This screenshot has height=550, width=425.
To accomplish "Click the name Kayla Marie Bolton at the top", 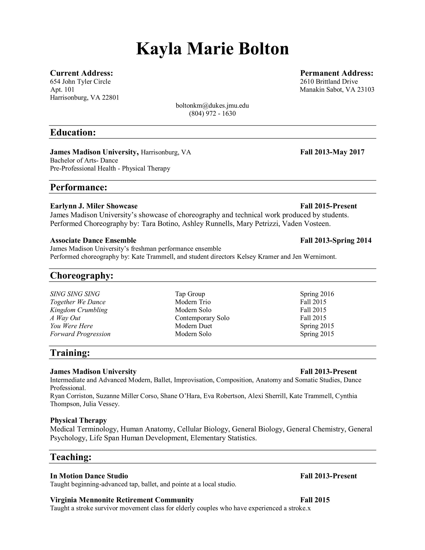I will [x=212, y=49].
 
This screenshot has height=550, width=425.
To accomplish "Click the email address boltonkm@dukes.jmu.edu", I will [x=212, y=105].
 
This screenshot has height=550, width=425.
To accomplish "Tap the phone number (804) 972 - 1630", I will [x=212, y=114].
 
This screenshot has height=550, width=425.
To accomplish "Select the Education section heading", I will [x=73, y=132].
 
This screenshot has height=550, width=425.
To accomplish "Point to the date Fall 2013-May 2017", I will [x=332, y=152].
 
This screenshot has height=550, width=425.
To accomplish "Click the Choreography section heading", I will [x=82, y=275].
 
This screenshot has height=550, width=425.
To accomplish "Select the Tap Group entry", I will [x=190, y=294].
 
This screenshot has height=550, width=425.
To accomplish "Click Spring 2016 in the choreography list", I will [x=317, y=294].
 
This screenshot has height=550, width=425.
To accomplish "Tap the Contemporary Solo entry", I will [x=202, y=318].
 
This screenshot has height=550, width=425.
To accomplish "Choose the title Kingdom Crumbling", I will [x=79, y=310].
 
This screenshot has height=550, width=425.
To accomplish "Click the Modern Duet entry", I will [x=193, y=326].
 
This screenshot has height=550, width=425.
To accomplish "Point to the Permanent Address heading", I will [x=337, y=73].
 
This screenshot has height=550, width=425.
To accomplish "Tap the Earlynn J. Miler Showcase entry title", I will [x=94, y=206].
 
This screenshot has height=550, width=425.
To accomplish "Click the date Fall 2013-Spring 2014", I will [x=336, y=240].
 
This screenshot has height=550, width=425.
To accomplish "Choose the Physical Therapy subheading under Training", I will [x=78, y=420].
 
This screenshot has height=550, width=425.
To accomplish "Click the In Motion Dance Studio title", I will [x=89, y=476].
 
